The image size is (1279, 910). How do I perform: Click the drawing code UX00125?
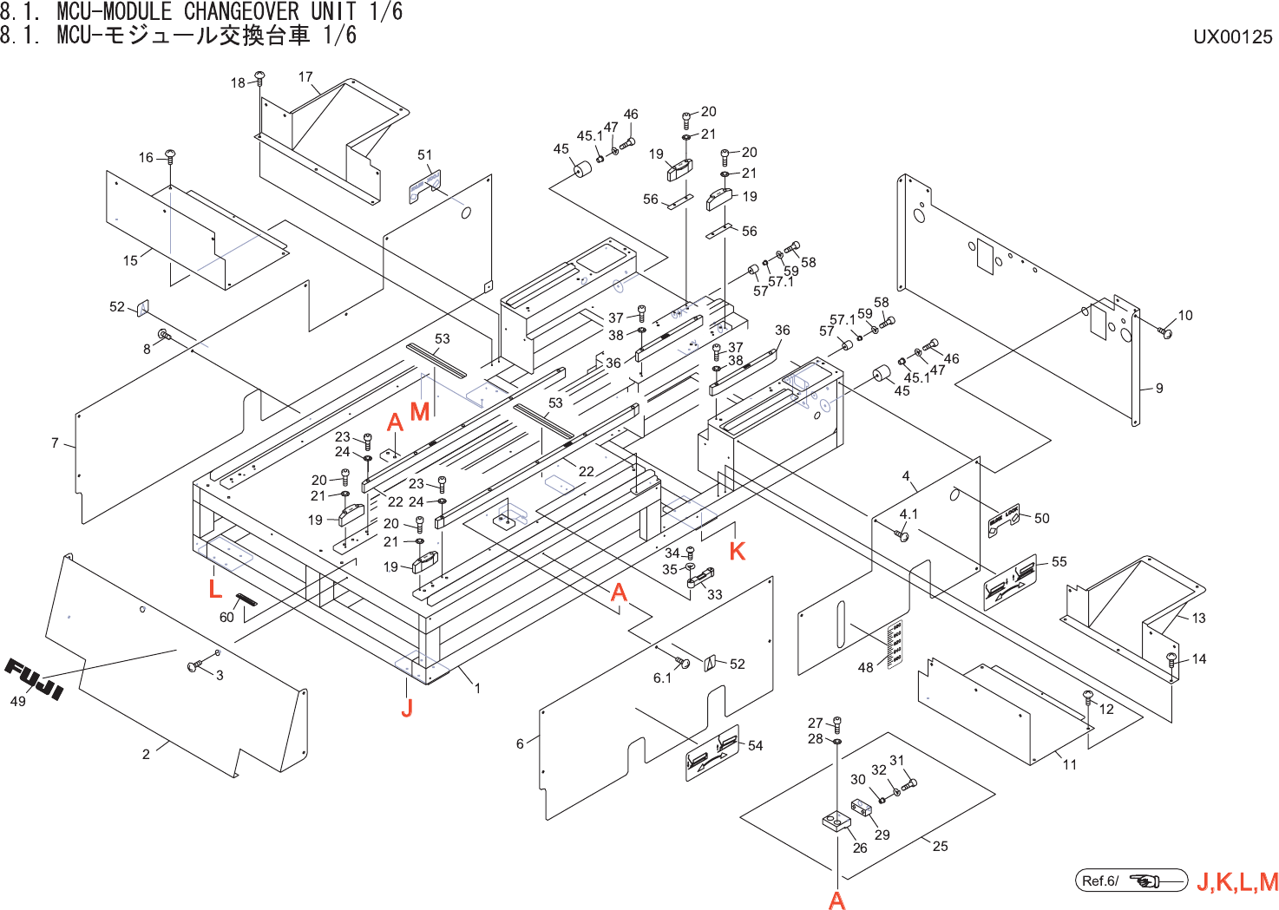1232,36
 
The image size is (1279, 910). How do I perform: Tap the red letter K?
738,551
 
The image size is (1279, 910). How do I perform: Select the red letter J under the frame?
407,708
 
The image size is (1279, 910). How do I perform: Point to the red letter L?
215,589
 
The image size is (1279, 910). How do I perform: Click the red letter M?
420,411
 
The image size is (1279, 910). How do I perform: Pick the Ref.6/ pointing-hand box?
1131,881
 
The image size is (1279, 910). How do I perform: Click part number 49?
17,701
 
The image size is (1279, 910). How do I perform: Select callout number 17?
305,76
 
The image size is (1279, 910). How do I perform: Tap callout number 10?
1185,315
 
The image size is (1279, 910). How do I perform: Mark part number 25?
941,846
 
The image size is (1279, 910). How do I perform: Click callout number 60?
226,617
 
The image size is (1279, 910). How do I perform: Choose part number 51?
424,154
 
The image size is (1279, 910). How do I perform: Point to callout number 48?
865,667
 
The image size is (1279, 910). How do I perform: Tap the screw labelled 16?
170,156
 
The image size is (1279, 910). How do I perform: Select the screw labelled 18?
259,79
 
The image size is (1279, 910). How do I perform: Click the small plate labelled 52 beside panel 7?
143,306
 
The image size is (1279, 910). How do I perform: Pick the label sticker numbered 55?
1011,581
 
